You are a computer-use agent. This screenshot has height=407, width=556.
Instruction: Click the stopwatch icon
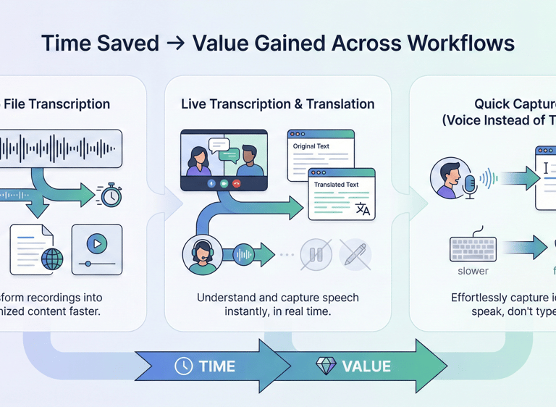pos(110,194)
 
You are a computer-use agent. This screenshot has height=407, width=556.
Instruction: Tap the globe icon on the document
pos(52,259)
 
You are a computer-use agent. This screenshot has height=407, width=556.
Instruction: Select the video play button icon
pos(96,244)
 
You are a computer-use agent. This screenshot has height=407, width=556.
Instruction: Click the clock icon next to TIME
pos(184,366)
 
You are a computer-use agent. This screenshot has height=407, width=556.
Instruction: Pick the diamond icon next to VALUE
pos(326,365)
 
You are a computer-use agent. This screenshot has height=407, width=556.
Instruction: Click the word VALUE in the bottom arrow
pos(366,366)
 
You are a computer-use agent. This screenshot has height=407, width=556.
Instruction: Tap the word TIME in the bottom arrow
pos(217,366)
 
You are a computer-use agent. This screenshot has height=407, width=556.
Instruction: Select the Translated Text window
pos(342,193)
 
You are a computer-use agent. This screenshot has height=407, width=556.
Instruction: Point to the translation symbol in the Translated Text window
pos(363,209)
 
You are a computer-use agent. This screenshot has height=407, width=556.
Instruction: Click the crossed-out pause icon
pos(316,255)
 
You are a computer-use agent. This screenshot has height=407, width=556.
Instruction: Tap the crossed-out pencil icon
pos(355,255)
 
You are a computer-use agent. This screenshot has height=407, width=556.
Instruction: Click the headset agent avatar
pos(203,254)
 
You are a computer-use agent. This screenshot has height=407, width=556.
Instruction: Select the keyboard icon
pos(473,248)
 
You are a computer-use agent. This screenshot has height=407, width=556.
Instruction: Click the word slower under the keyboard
pos(473,272)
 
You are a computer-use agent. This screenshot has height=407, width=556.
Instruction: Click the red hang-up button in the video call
pos(237,184)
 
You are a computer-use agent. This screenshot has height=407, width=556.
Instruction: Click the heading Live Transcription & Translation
pos(278,104)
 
